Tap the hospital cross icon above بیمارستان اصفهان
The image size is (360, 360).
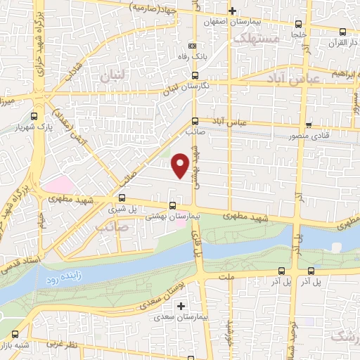point(233,11)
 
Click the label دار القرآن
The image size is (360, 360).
point(324,43)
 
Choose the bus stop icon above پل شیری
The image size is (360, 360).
point(122,198)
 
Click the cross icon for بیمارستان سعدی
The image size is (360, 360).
point(181,306)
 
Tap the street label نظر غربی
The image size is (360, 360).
point(62,347)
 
